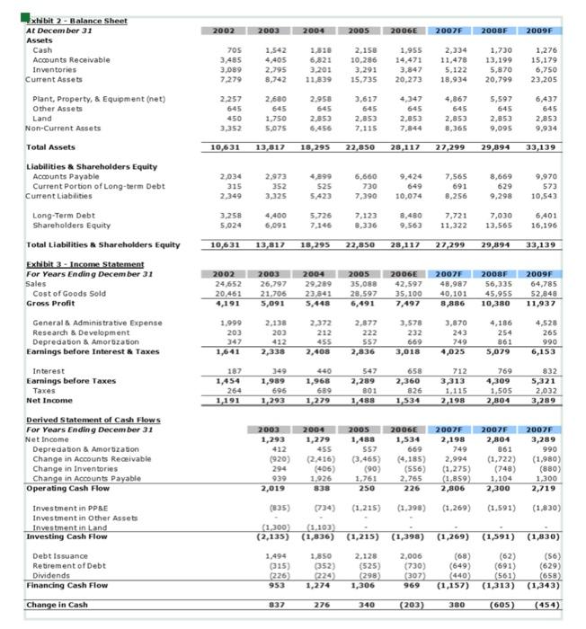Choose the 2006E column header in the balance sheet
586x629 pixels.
[x=416, y=31]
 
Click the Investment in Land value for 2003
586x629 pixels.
[x=273, y=526]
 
